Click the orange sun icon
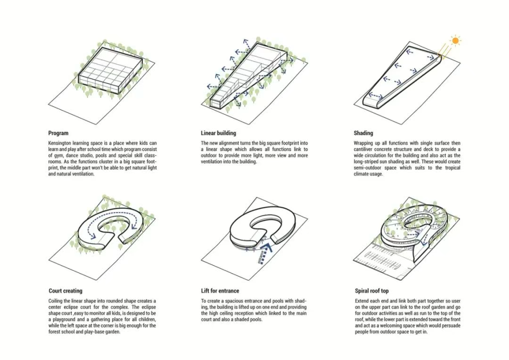click(x=455, y=41)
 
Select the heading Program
click(x=58, y=133)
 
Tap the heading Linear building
click(x=218, y=133)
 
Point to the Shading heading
click(x=363, y=133)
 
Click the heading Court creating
click(x=65, y=291)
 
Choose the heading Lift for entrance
click(x=220, y=291)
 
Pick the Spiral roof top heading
click(x=372, y=291)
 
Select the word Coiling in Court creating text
click(x=56, y=301)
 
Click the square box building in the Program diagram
click(x=111, y=71)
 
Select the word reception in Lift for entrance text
click(x=253, y=313)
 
